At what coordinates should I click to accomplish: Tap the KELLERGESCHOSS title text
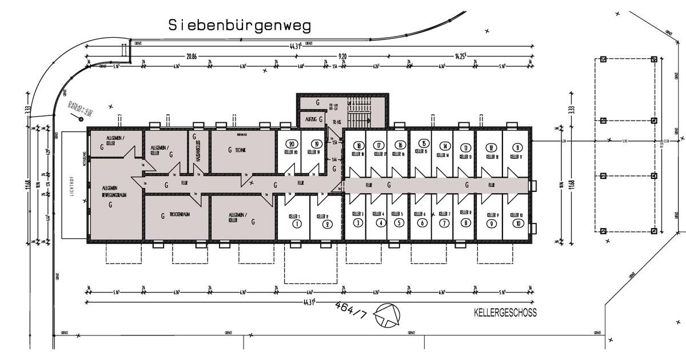(505, 313)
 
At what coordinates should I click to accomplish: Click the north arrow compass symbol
(386, 315)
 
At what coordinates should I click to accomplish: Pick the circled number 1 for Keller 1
(296, 225)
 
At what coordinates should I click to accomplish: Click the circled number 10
(517, 224)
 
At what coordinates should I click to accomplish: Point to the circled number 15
(423, 144)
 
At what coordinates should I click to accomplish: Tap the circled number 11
(517, 147)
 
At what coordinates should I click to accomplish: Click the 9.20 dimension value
(344, 56)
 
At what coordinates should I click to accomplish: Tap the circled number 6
(422, 223)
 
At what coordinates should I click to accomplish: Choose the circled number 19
(316, 145)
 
